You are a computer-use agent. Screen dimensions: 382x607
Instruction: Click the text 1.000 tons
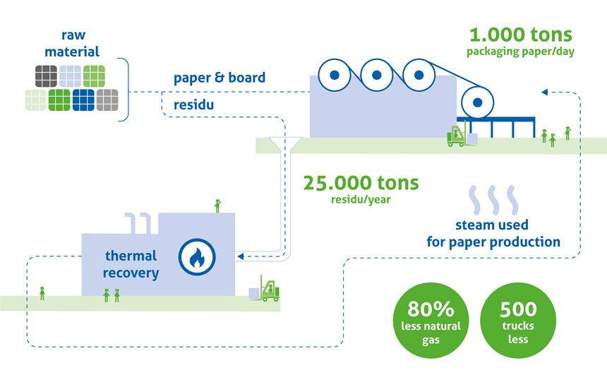(520, 35)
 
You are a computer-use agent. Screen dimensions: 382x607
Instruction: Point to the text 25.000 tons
(361, 183)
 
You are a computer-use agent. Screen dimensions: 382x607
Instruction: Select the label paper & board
(220, 78)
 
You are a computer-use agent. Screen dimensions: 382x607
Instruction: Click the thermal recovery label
(131, 264)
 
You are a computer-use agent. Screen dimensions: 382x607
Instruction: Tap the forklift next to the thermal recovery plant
(268, 289)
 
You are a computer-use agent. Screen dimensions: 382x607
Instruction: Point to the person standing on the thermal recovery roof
(217, 205)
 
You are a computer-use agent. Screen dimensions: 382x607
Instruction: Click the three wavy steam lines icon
(493, 200)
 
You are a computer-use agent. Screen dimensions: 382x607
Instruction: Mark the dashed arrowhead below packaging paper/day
(544, 92)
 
